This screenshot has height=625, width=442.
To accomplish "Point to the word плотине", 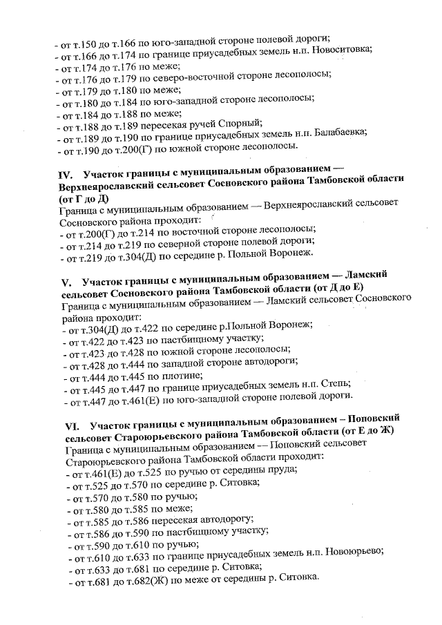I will click(x=182, y=376).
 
